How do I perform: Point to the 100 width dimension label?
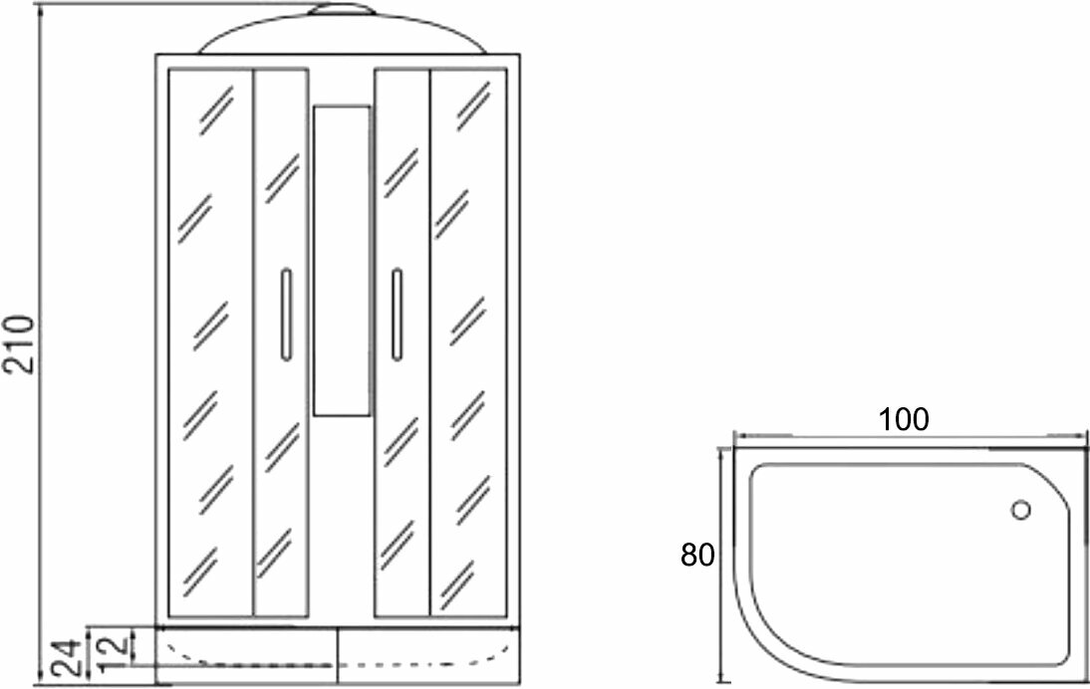coord(904,419)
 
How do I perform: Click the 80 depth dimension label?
coord(697,556)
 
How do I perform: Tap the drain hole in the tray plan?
coord(1020,511)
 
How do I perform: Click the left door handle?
coord(286,314)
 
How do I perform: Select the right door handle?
coord(397,314)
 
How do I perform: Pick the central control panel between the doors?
coord(342,259)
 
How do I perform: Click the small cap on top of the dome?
coord(342,11)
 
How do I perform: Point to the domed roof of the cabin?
coord(342,35)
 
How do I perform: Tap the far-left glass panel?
coord(210,344)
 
